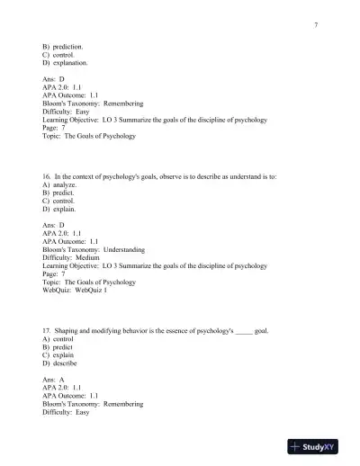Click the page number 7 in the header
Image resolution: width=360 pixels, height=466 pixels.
pos(317,24)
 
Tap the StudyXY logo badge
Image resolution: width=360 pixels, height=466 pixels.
pos(319,447)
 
